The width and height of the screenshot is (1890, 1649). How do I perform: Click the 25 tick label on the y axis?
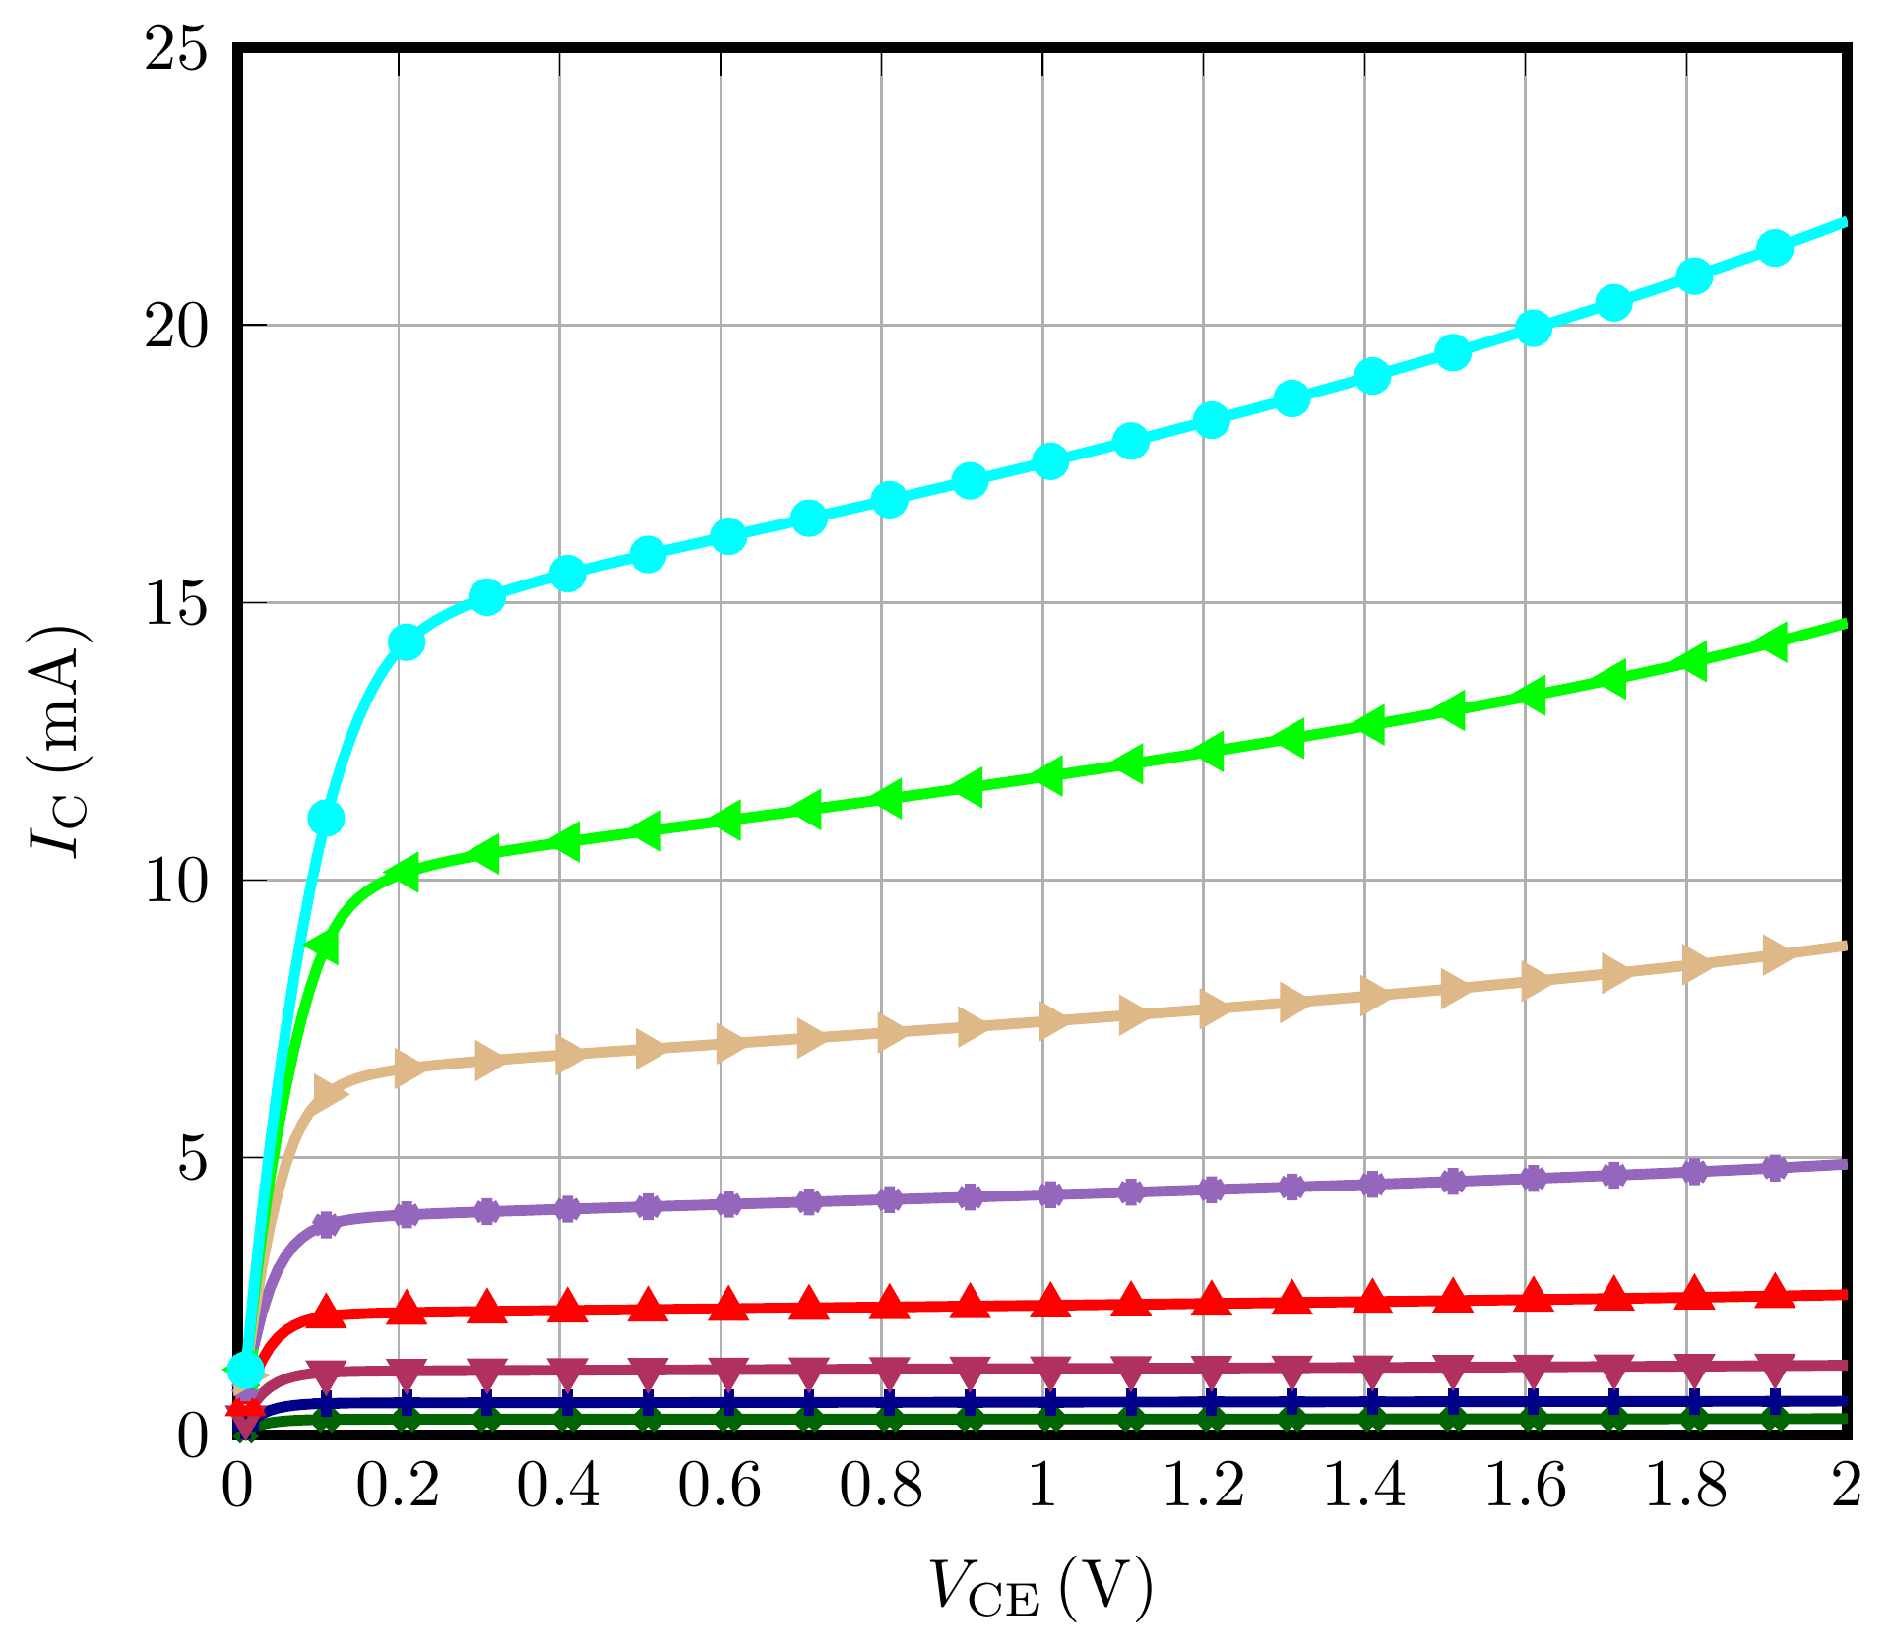[x=177, y=49]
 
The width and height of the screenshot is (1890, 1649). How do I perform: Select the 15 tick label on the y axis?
[x=177, y=604]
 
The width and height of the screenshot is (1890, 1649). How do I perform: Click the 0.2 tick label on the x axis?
[x=398, y=1487]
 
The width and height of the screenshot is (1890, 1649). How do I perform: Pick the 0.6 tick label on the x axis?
[x=720, y=1487]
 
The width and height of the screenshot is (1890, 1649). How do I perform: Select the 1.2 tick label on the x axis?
[x=1203, y=1487]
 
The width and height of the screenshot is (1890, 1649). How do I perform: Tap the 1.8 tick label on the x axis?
[x=1686, y=1487]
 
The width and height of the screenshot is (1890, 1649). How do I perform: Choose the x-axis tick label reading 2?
[x=1847, y=1487]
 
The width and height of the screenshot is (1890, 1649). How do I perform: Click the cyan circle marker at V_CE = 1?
[x=1051, y=461]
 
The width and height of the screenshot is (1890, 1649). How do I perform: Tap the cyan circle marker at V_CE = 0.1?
[x=326, y=818]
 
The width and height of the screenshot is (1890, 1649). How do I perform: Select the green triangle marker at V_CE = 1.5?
[x=1452, y=710]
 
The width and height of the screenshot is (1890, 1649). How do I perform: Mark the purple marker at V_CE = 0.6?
[x=728, y=1203]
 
